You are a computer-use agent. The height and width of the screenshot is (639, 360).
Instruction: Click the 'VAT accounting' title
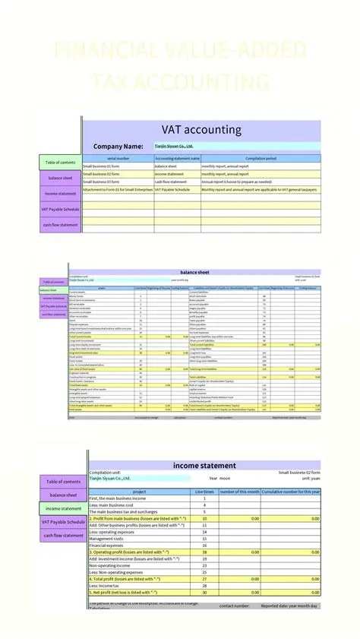[x=201, y=130]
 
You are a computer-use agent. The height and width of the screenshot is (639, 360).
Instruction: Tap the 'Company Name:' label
[x=118, y=146]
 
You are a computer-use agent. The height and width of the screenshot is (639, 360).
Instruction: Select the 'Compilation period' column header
[x=260, y=158]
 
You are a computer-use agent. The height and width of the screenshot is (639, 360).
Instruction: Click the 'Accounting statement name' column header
[x=177, y=158]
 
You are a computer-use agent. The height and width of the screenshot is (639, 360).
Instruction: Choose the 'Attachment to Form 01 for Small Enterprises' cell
[x=117, y=190]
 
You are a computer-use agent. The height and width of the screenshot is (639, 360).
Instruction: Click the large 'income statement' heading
[x=204, y=465]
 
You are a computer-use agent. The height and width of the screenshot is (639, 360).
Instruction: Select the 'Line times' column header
[x=204, y=492]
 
